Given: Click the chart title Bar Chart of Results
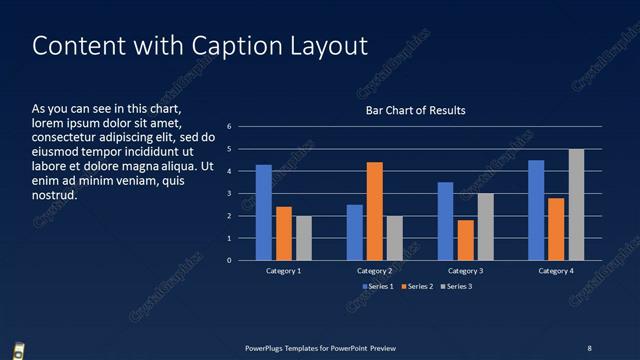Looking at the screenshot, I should click(414, 110).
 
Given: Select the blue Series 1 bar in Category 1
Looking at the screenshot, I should click(264, 212).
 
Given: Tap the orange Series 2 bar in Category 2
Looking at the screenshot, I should click(374, 211).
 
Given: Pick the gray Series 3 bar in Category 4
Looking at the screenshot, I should click(576, 204).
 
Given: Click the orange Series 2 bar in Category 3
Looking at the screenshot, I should click(465, 240).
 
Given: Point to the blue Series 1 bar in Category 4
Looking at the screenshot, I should click(536, 210).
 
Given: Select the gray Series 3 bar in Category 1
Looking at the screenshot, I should click(304, 238).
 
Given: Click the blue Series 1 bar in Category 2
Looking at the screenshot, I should click(354, 232).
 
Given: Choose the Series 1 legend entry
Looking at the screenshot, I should click(377, 287).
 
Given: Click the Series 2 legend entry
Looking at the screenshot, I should click(417, 287).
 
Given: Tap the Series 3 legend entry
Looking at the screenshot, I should click(457, 287).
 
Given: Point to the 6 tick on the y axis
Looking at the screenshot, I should click(230, 127).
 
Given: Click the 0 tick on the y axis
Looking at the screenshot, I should click(230, 260).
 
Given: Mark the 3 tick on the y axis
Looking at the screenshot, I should click(230, 194).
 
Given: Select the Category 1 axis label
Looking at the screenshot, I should click(284, 271).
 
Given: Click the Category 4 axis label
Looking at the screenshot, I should click(556, 271).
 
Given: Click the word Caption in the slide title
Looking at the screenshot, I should click(226, 46).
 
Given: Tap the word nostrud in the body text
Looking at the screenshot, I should click(53, 195).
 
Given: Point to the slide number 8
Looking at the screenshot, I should click(589, 347).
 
